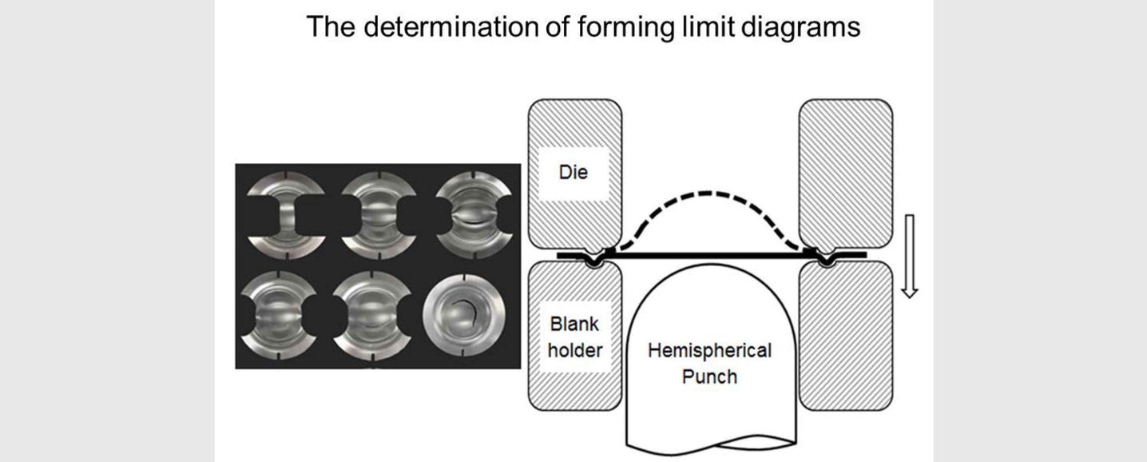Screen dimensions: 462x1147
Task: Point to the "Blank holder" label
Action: coord(575,337)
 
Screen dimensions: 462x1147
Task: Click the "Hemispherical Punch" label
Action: coord(709,363)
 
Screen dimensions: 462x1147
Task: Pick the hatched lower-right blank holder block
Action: coord(845,334)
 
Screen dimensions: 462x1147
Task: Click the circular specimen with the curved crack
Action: coord(459,313)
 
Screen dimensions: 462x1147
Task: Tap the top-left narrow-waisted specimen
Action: coord(286,211)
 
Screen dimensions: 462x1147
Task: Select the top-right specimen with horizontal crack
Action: coord(471,211)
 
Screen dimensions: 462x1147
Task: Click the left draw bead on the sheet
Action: coord(593,258)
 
